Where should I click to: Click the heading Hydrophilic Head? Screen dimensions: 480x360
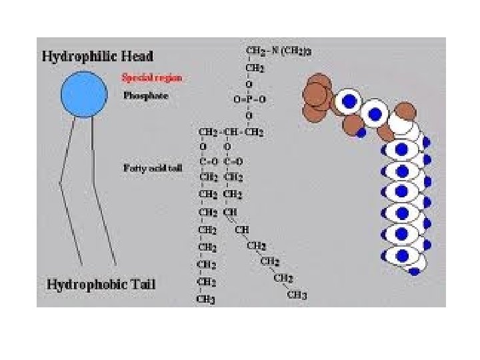pos(97,56)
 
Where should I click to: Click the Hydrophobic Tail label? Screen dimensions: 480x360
pos(101,285)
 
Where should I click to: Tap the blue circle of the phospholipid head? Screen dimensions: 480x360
pos(84,94)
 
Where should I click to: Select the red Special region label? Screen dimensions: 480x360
pos(151,77)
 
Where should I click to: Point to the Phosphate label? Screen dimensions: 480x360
pos(145,96)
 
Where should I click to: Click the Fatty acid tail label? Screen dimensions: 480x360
pos(152,168)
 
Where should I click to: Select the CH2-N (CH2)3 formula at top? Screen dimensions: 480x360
pos(278,51)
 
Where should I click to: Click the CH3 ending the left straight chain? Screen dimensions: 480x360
pos(205,299)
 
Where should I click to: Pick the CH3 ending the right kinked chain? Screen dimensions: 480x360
pos(297,294)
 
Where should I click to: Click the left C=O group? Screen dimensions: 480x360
pos(209,161)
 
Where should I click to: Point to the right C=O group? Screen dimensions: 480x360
pos(233,161)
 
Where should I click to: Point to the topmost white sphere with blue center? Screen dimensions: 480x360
pos(347,102)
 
